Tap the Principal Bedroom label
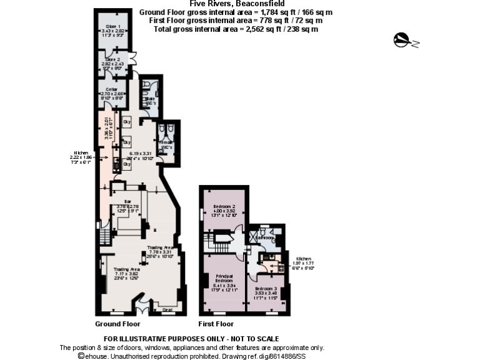pyautogui.click(x=224, y=279)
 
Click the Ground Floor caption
pyautogui.click(x=117, y=324)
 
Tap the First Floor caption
pyautogui.click(x=216, y=324)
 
